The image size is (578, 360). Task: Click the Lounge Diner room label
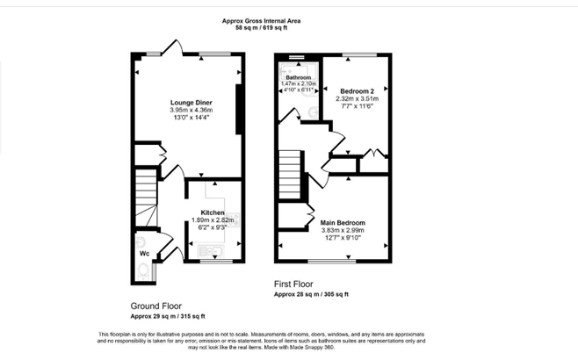click(191, 103)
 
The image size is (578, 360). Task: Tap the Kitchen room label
click(213, 212)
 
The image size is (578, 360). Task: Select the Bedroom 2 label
click(357, 91)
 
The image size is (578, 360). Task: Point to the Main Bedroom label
click(343, 222)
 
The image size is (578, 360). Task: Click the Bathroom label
click(298, 77)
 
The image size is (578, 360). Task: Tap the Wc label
click(144, 254)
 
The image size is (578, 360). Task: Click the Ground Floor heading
click(156, 306)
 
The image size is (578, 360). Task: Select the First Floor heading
click(293, 284)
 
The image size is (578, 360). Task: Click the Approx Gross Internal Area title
click(261, 21)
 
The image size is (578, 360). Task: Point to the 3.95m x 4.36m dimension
click(191, 110)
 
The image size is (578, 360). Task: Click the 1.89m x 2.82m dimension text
click(213, 220)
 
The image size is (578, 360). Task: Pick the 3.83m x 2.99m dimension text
click(343, 230)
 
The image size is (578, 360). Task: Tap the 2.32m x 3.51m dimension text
click(357, 98)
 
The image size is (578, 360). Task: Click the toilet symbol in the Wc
click(143, 271)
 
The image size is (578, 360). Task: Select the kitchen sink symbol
click(211, 251)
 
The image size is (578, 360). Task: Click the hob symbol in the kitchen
click(232, 220)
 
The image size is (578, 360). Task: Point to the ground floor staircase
click(147, 198)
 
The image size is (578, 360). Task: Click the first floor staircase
click(290, 175)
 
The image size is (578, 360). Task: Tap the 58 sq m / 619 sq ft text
click(261, 27)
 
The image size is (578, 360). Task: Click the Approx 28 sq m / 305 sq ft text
click(311, 294)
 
